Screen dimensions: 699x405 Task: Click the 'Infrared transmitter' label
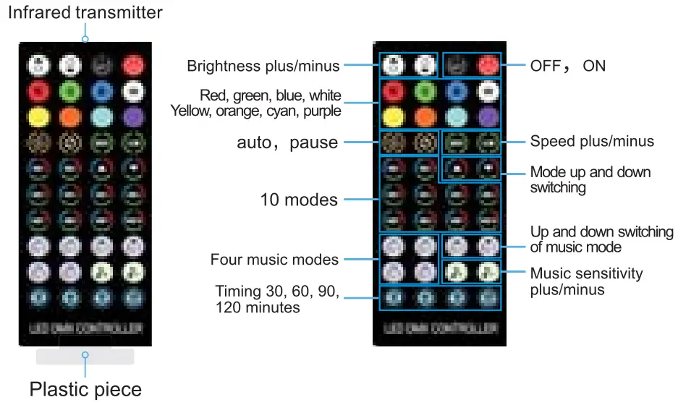(85, 12)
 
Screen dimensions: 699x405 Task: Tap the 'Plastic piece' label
(85, 389)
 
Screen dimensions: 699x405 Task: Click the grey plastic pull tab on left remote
(85, 356)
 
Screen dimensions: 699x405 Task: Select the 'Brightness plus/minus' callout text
(263, 66)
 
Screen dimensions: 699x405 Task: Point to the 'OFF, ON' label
(568, 66)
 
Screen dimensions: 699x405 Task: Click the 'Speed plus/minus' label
(592, 142)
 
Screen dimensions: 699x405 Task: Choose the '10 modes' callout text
(299, 200)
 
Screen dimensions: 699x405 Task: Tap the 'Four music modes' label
(274, 259)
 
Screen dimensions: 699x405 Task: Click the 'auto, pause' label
(287, 142)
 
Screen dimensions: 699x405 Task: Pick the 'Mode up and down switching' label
(590, 179)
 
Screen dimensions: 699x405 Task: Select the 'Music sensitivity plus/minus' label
(586, 281)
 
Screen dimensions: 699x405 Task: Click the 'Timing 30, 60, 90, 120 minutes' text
(277, 299)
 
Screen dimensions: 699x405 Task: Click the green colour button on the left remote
(69, 91)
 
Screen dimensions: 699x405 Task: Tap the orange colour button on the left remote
(69, 116)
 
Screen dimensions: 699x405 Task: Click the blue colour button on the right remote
(456, 91)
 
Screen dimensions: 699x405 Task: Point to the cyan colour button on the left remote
(101, 116)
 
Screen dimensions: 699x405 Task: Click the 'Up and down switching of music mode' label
(601, 239)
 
